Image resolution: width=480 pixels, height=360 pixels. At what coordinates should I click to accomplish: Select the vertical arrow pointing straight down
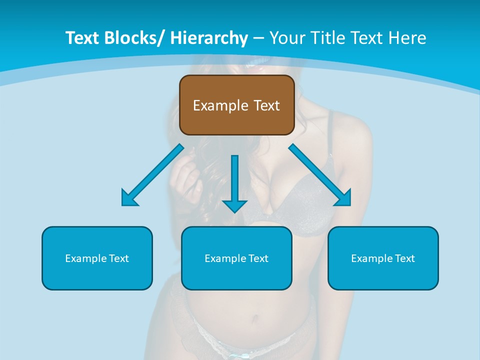pyautogui.click(x=234, y=183)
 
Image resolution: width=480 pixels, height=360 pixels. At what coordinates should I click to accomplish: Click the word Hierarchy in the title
pyautogui.click(x=209, y=38)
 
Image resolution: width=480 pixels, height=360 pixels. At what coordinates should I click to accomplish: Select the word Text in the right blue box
pyautogui.click(x=405, y=258)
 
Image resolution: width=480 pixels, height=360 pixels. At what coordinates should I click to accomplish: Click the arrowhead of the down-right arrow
pyautogui.click(x=343, y=197)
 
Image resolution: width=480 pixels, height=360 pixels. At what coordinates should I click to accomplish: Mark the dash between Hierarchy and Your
pyautogui.click(x=258, y=38)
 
